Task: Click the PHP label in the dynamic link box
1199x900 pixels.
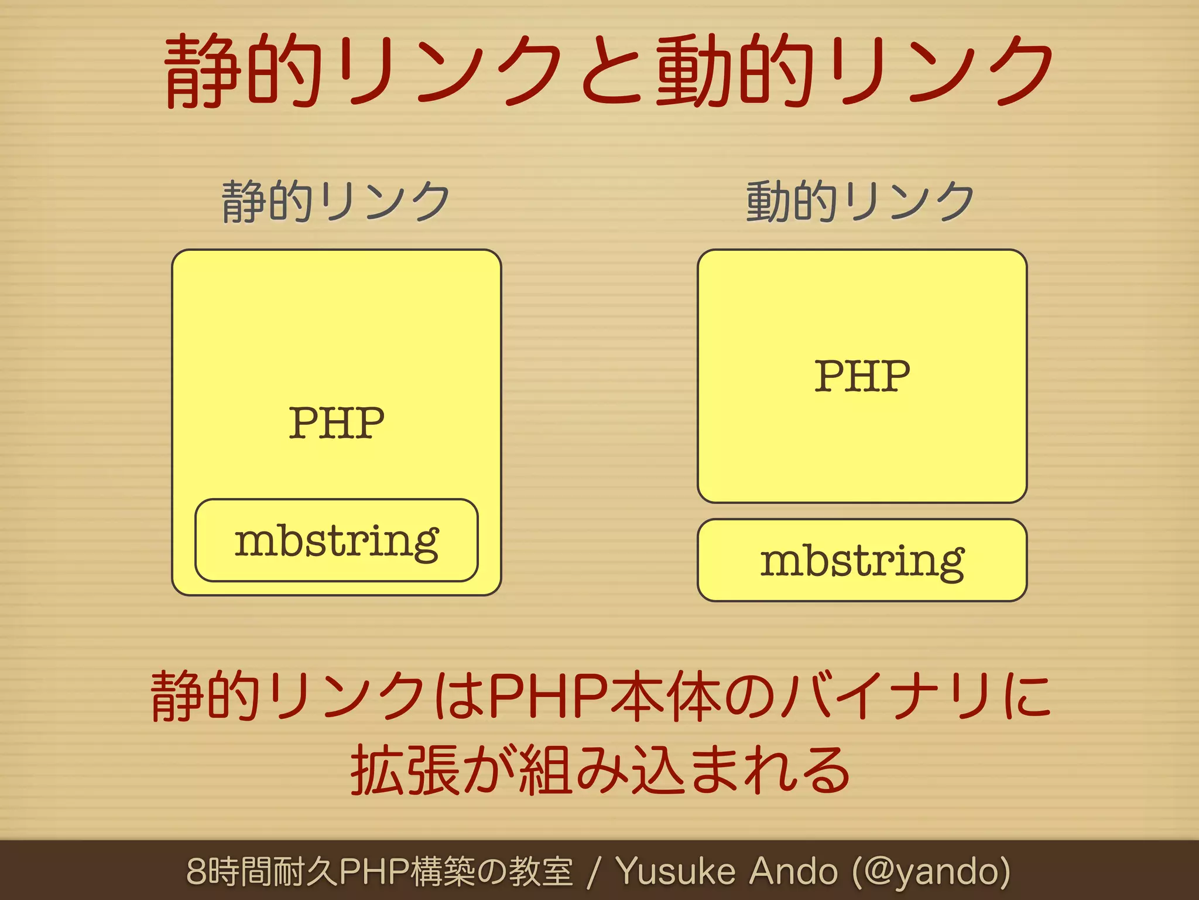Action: (x=862, y=376)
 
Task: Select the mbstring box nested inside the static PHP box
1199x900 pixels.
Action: (x=337, y=541)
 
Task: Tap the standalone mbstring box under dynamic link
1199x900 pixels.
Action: (x=862, y=561)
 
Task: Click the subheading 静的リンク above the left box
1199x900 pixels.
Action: (x=335, y=201)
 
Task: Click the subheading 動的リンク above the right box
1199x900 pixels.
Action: (x=860, y=201)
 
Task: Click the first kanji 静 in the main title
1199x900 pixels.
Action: (x=203, y=71)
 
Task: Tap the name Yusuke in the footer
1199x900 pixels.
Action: (x=676, y=871)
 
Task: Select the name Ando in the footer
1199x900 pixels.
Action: (x=793, y=871)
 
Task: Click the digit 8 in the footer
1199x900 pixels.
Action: (x=196, y=871)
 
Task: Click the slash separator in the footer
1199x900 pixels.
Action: (x=594, y=871)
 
